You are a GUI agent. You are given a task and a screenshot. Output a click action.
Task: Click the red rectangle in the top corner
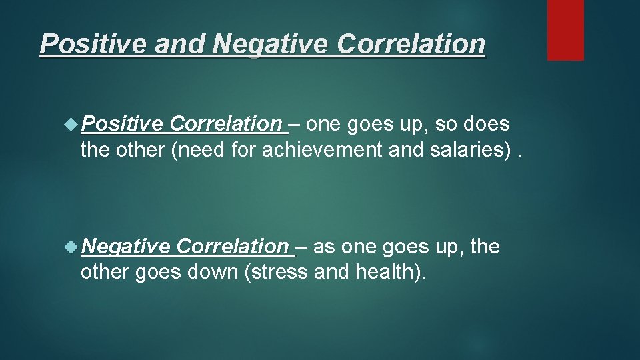565,30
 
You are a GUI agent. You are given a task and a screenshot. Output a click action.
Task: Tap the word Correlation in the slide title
411,44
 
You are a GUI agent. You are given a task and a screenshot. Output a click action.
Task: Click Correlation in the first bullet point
227,124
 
